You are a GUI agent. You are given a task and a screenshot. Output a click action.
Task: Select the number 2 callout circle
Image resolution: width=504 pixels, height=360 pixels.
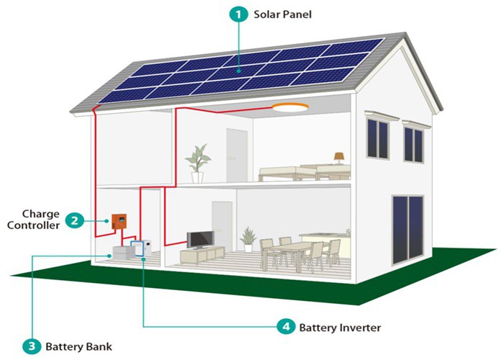(x=73, y=221)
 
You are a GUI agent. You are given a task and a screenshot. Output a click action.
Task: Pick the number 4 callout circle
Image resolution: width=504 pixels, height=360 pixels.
(x=287, y=328)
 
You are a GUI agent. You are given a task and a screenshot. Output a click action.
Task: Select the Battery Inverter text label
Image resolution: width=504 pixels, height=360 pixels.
(x=339, y=328)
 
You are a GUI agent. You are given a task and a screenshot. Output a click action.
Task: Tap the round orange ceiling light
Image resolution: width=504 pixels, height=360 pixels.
(x=289, y=108)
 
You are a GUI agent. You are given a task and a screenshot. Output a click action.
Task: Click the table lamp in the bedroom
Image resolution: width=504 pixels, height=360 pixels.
(x=339, y=158)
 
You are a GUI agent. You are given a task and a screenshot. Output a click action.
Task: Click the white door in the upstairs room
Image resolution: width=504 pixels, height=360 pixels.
(x=236, y=152)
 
